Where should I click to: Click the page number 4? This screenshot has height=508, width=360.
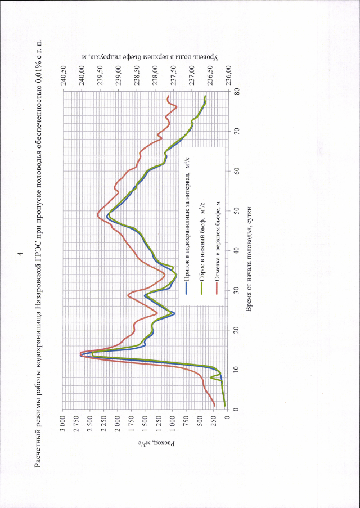21,254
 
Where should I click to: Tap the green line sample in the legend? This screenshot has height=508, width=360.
202,288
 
